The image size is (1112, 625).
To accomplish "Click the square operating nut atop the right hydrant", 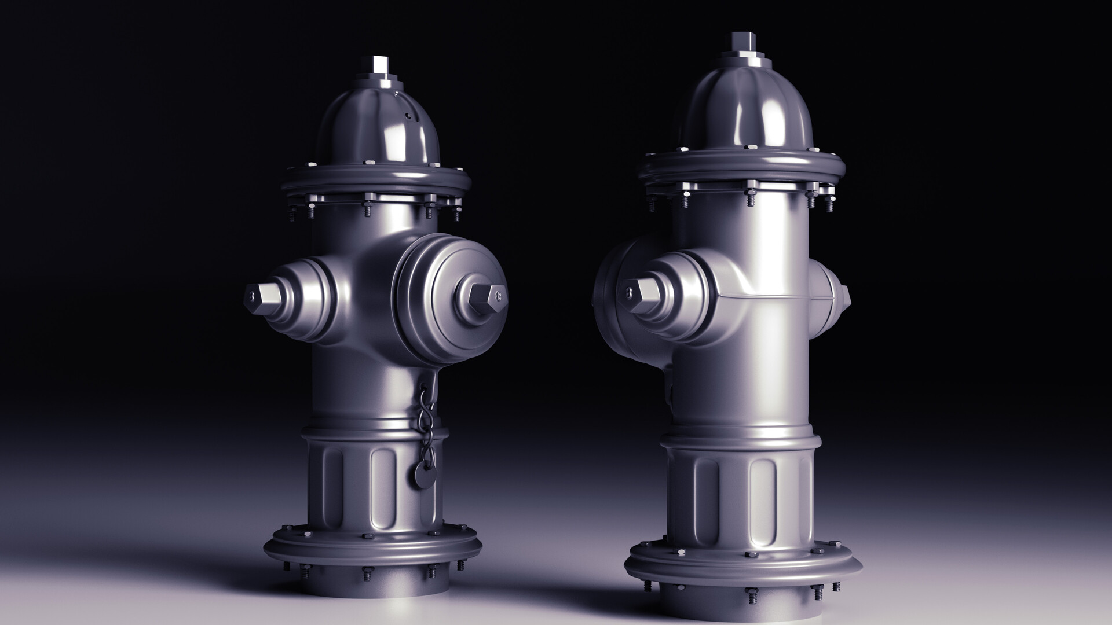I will [740, 42].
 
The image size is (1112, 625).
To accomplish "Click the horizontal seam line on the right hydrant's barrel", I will [770, 296].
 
